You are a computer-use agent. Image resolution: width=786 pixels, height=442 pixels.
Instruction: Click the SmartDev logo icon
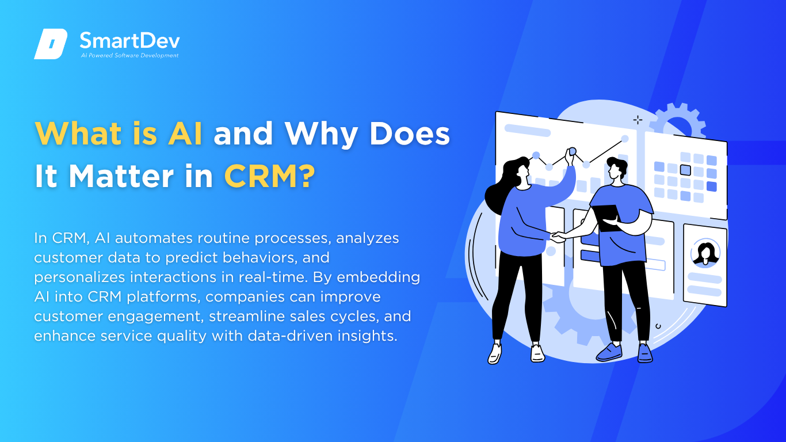[51, 44]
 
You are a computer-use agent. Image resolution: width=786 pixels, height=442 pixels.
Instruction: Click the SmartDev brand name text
[129, 41]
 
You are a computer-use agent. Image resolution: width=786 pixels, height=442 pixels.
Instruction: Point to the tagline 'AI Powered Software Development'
[129, 55]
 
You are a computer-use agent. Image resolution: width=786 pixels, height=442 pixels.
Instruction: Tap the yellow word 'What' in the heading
[78, 134]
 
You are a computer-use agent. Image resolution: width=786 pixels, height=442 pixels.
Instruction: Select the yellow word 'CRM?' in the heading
[269, 176]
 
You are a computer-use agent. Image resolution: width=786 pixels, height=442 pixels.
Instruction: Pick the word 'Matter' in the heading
[121, 176]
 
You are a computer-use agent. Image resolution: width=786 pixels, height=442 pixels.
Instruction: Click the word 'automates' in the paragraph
[154, 238]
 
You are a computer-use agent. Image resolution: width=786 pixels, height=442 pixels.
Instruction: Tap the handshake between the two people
[558, 237]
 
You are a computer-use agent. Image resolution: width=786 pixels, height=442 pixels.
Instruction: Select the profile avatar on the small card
[705, 253]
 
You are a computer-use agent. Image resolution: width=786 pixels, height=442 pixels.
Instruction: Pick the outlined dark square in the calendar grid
[685, 170]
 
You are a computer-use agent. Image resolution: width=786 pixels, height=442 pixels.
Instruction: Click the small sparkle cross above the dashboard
[638, 120]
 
